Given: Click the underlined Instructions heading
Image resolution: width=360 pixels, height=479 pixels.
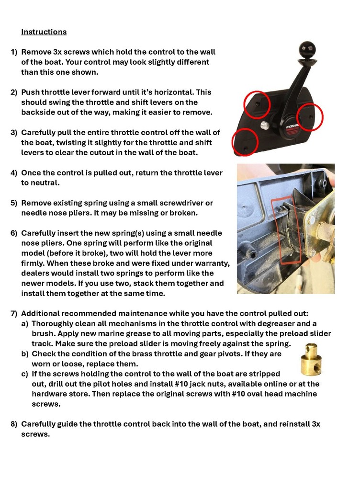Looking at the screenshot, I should [44, 32].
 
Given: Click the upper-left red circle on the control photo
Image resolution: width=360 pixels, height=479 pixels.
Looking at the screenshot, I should [257, 104].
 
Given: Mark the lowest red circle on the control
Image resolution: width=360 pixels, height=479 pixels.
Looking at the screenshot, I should [245, 142].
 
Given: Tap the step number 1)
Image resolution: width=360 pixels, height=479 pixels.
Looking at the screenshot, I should [14, 52].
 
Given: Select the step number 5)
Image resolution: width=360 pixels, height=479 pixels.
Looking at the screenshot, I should [14, 203].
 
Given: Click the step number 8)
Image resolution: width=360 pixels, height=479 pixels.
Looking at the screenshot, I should [14, 424].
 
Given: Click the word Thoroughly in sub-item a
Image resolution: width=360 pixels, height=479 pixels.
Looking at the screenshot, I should [54, 324].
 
